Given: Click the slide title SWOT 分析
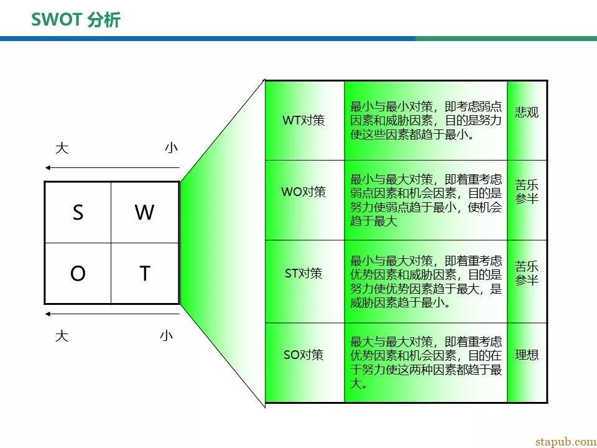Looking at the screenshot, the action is [76, 20].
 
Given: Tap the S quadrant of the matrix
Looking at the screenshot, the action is [78, 212].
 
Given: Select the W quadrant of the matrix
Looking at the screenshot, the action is [145, 212].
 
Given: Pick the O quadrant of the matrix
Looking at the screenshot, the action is [78, 273].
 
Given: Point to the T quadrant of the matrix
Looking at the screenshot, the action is [145, 273].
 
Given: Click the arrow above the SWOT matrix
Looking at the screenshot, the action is [113, 167].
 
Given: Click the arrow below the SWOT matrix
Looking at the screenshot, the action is [113, 314].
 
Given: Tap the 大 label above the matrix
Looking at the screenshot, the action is [62, 148].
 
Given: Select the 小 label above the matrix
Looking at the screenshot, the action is [172, 148].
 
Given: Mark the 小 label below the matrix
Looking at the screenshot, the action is [167, 335].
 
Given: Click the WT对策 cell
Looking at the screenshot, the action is [305, 120].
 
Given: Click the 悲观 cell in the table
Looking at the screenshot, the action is [527, 120].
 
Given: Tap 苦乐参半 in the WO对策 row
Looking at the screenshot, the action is [527, 192].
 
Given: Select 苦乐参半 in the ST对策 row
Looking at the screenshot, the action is [527, 273].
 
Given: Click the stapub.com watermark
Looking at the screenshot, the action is [566, 442].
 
